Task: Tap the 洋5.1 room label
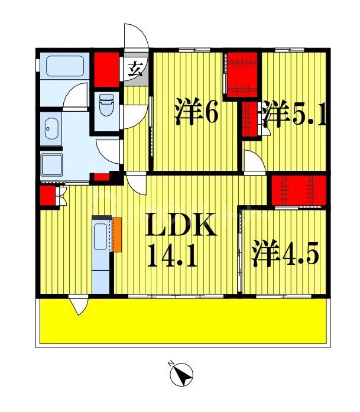(x=294, y=115)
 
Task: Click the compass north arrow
(x=181, y=374)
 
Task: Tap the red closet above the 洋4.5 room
(x=298, y=189)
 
